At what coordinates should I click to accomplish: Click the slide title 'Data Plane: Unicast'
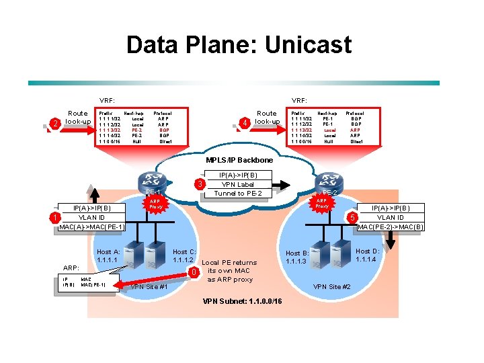point(239,45)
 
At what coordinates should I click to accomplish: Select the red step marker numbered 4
point(247,122)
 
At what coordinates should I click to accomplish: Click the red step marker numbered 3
point(199,185)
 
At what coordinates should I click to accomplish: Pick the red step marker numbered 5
point(350,218)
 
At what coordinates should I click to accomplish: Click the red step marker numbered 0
point(193,272)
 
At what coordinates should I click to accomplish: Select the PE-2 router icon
point(329,181)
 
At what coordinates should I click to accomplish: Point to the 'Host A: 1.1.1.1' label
point(108,256)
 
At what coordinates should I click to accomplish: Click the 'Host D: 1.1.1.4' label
point(368,255)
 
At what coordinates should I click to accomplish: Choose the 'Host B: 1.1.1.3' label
point(296,257)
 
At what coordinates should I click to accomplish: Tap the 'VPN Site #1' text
point(149,286)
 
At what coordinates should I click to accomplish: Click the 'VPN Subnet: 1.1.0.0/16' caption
point(243,300)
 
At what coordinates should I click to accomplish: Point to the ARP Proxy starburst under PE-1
point(155,204)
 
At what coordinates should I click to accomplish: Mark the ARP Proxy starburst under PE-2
point(322,203)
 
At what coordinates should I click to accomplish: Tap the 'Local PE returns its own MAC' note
point(229,267)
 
